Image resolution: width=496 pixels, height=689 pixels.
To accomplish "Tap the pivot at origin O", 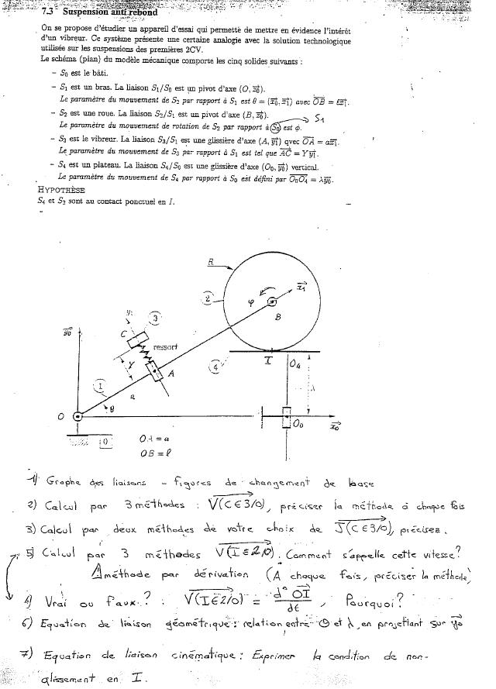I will click(78, 417).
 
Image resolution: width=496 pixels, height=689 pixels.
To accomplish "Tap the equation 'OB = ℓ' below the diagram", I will click(154, 453).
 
